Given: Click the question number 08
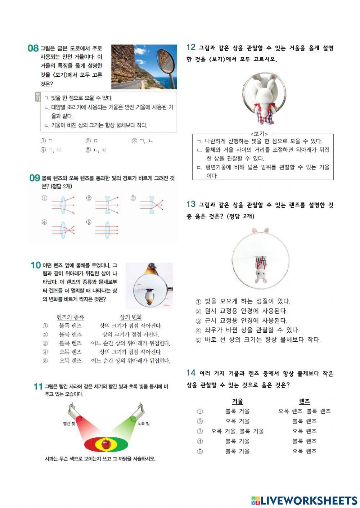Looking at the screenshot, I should coord(33,48).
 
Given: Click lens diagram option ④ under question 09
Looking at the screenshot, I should coord(63,228).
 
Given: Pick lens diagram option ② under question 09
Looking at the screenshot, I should coord(107,204).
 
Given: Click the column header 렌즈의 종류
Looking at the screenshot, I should coord(71,317).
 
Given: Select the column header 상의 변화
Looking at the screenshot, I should coord(131,317).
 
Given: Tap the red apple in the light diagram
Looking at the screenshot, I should coord(106,444).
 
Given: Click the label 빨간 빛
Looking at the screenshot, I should coord(69,423).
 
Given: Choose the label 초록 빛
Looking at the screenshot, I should coord(143,423).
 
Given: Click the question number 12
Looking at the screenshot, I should coord(191,47).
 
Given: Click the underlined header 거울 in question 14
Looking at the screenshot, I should coord(237,401).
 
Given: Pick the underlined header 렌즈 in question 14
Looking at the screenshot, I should coord(304,401).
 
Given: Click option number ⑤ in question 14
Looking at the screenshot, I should coord(200,451).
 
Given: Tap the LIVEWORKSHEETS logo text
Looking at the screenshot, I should coord(308,500).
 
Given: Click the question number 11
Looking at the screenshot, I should coord(38,387).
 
